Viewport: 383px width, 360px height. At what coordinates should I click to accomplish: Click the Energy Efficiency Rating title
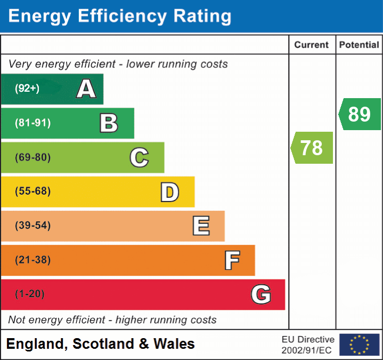[120, 17]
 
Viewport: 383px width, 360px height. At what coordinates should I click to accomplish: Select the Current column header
[312, 45]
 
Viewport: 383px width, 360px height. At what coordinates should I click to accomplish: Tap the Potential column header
[359, 45]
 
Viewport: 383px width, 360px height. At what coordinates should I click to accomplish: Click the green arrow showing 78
[312, 148]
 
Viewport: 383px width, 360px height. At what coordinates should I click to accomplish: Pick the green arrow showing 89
[360, 114]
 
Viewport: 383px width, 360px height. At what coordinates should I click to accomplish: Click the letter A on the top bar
[86, 89]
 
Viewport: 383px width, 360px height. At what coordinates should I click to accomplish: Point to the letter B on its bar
[109, 123]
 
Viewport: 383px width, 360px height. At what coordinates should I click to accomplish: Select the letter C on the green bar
[139, 157]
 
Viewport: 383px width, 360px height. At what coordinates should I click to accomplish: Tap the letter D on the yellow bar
[169, 192]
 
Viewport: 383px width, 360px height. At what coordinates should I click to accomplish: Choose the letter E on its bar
[201, 226]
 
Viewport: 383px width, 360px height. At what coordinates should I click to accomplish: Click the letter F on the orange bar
[232, 260]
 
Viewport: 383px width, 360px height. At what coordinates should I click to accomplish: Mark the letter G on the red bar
[261, 294]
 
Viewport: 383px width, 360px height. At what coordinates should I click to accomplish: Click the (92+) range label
[27, 89]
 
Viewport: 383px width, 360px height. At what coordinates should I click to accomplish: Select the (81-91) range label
[32, 123]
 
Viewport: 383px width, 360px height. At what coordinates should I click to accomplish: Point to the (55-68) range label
[32, 191]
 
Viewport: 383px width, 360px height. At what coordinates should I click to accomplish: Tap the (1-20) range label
[30, 294]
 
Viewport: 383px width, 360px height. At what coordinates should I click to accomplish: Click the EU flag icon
[359, 345]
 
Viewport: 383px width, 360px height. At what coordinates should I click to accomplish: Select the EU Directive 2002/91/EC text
[308, 345]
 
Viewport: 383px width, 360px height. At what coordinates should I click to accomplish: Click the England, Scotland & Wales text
[101, 344]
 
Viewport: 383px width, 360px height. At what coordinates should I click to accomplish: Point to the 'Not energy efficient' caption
[112, 320]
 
